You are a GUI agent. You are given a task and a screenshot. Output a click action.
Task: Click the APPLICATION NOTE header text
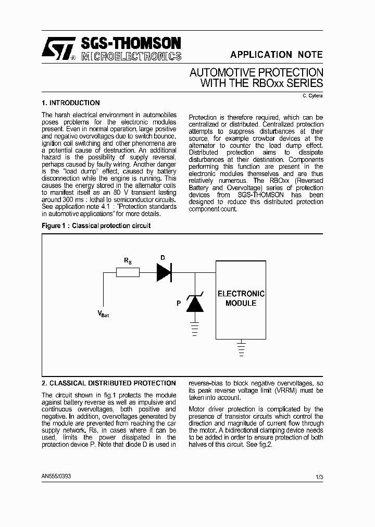coord(276,55)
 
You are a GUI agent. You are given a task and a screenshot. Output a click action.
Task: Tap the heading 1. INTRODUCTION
coord(70,103)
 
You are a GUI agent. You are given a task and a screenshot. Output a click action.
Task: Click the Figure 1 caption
coord(96,226)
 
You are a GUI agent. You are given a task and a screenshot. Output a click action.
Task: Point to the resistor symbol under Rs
coord(128,272)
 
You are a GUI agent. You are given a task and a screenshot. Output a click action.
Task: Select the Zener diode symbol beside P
coord(195,303)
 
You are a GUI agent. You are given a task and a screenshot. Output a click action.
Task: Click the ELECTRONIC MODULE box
coord(241,299)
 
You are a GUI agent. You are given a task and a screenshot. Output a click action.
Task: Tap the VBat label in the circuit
coord(103,313)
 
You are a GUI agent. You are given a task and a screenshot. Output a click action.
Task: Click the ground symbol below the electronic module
coord(241,347)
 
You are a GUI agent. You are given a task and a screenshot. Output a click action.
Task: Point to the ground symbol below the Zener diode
coord(195,328)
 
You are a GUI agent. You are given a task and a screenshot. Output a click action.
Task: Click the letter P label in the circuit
coord(178,303)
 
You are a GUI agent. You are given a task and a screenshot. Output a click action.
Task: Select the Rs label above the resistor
coord(128,259)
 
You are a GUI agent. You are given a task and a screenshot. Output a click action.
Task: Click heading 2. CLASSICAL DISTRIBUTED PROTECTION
coord(108,383)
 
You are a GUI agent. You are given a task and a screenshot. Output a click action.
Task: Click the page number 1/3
coord(319,476)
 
